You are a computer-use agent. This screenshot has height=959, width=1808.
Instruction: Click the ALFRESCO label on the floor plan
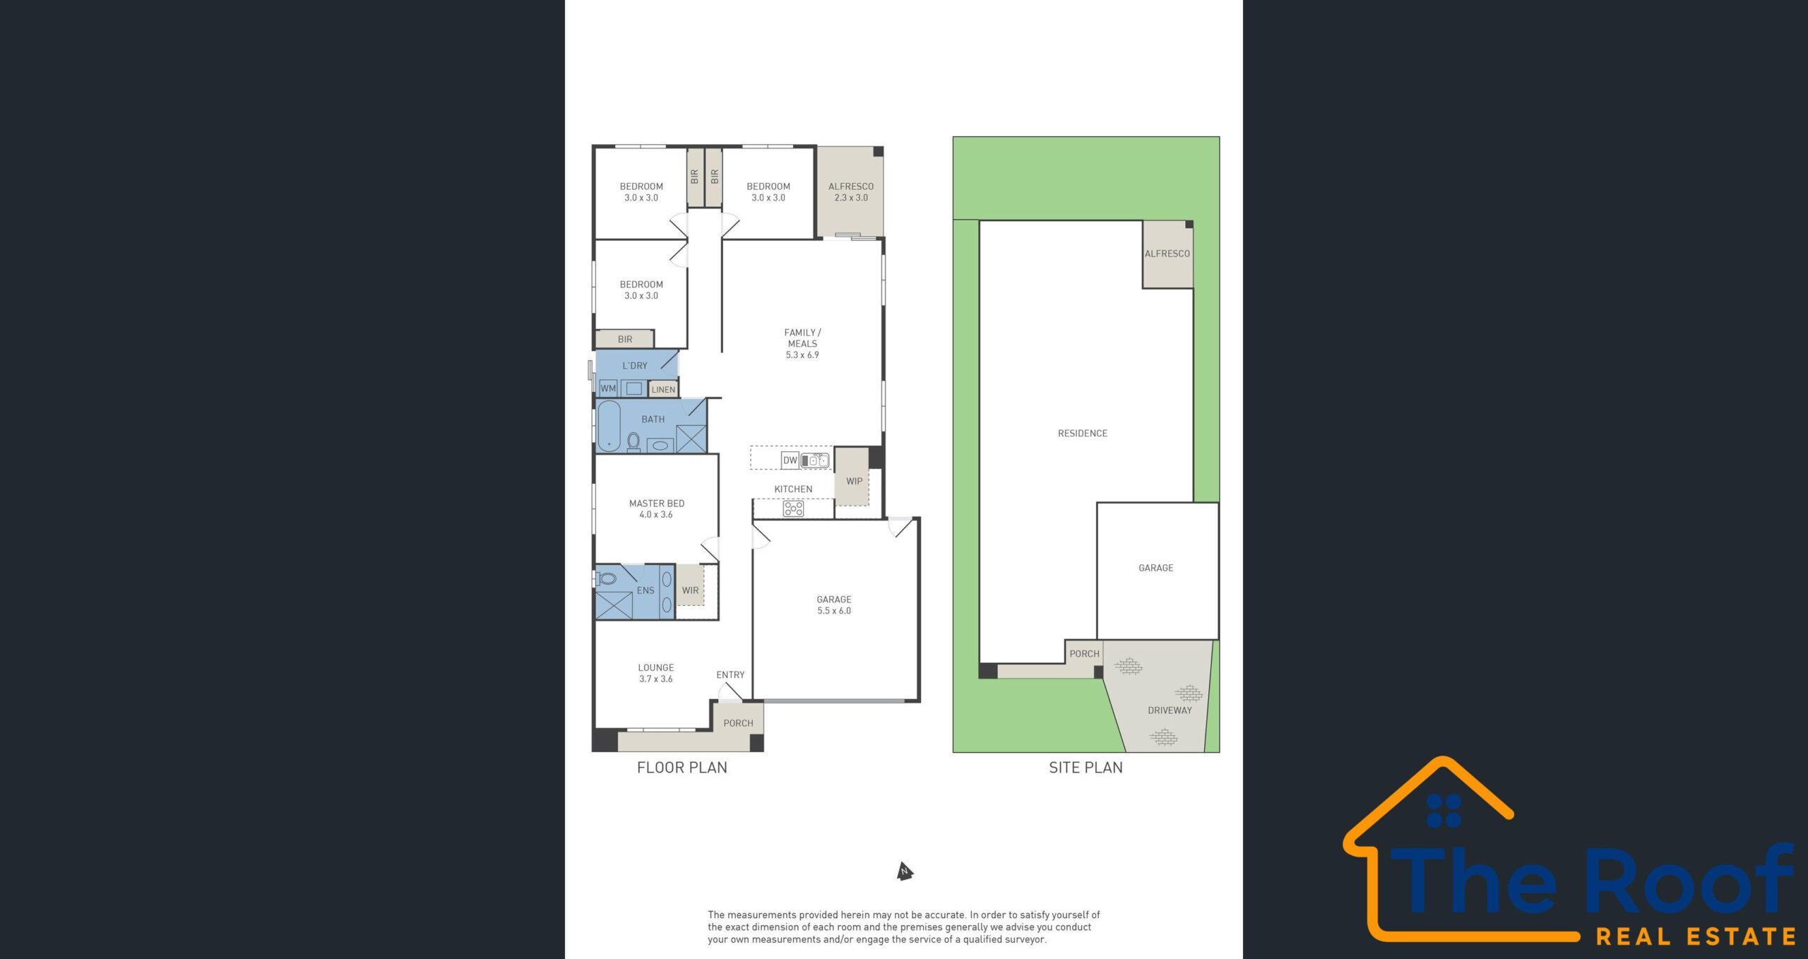(851, 186)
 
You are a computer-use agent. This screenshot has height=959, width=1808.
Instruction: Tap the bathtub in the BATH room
(609, 426)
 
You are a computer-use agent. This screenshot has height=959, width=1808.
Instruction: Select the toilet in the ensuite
(606, 579)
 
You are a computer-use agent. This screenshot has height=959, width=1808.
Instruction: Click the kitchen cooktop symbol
(793, 508)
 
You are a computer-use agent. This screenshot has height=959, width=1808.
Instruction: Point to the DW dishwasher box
(790, 460)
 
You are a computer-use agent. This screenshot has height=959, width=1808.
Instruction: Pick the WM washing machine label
(608, 388)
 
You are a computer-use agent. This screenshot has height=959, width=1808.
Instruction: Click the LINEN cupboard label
(663, 390)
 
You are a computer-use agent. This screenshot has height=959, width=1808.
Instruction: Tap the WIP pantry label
(854, 482)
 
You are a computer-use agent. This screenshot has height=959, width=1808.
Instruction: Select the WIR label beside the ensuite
(690, 590)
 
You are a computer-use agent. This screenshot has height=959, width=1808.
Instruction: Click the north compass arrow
(905, 871)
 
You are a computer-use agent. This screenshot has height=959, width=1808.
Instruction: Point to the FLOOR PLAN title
(682, 768)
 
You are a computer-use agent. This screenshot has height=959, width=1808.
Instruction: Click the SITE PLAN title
(1086, 768)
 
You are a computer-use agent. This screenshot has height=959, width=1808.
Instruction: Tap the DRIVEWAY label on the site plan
(1170, 710)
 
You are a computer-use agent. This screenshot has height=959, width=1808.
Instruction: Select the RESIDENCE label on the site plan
(1083, 434)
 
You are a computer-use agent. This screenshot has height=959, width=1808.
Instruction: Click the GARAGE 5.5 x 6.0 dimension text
(834, 611)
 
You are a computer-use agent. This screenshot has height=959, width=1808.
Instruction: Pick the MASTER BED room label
(657, 504)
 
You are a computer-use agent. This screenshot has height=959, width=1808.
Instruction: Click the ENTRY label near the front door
(730, 675)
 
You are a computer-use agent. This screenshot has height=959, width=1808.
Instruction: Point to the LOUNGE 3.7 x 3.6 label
(656, 673)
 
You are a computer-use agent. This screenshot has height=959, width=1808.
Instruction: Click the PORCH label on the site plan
(1084, 654)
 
